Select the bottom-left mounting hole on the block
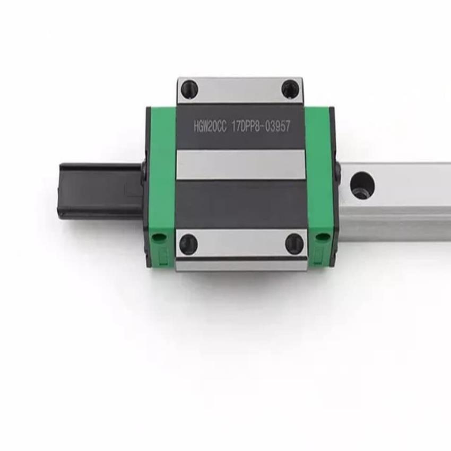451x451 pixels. point(188,244)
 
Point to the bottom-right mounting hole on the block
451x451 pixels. point(294,244)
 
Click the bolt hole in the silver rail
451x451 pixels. point(362,185)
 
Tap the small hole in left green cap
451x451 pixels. point(158,237)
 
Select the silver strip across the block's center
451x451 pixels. point(241,164)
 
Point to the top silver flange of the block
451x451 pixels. point(240,90)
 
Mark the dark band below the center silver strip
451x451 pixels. point(241,204)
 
